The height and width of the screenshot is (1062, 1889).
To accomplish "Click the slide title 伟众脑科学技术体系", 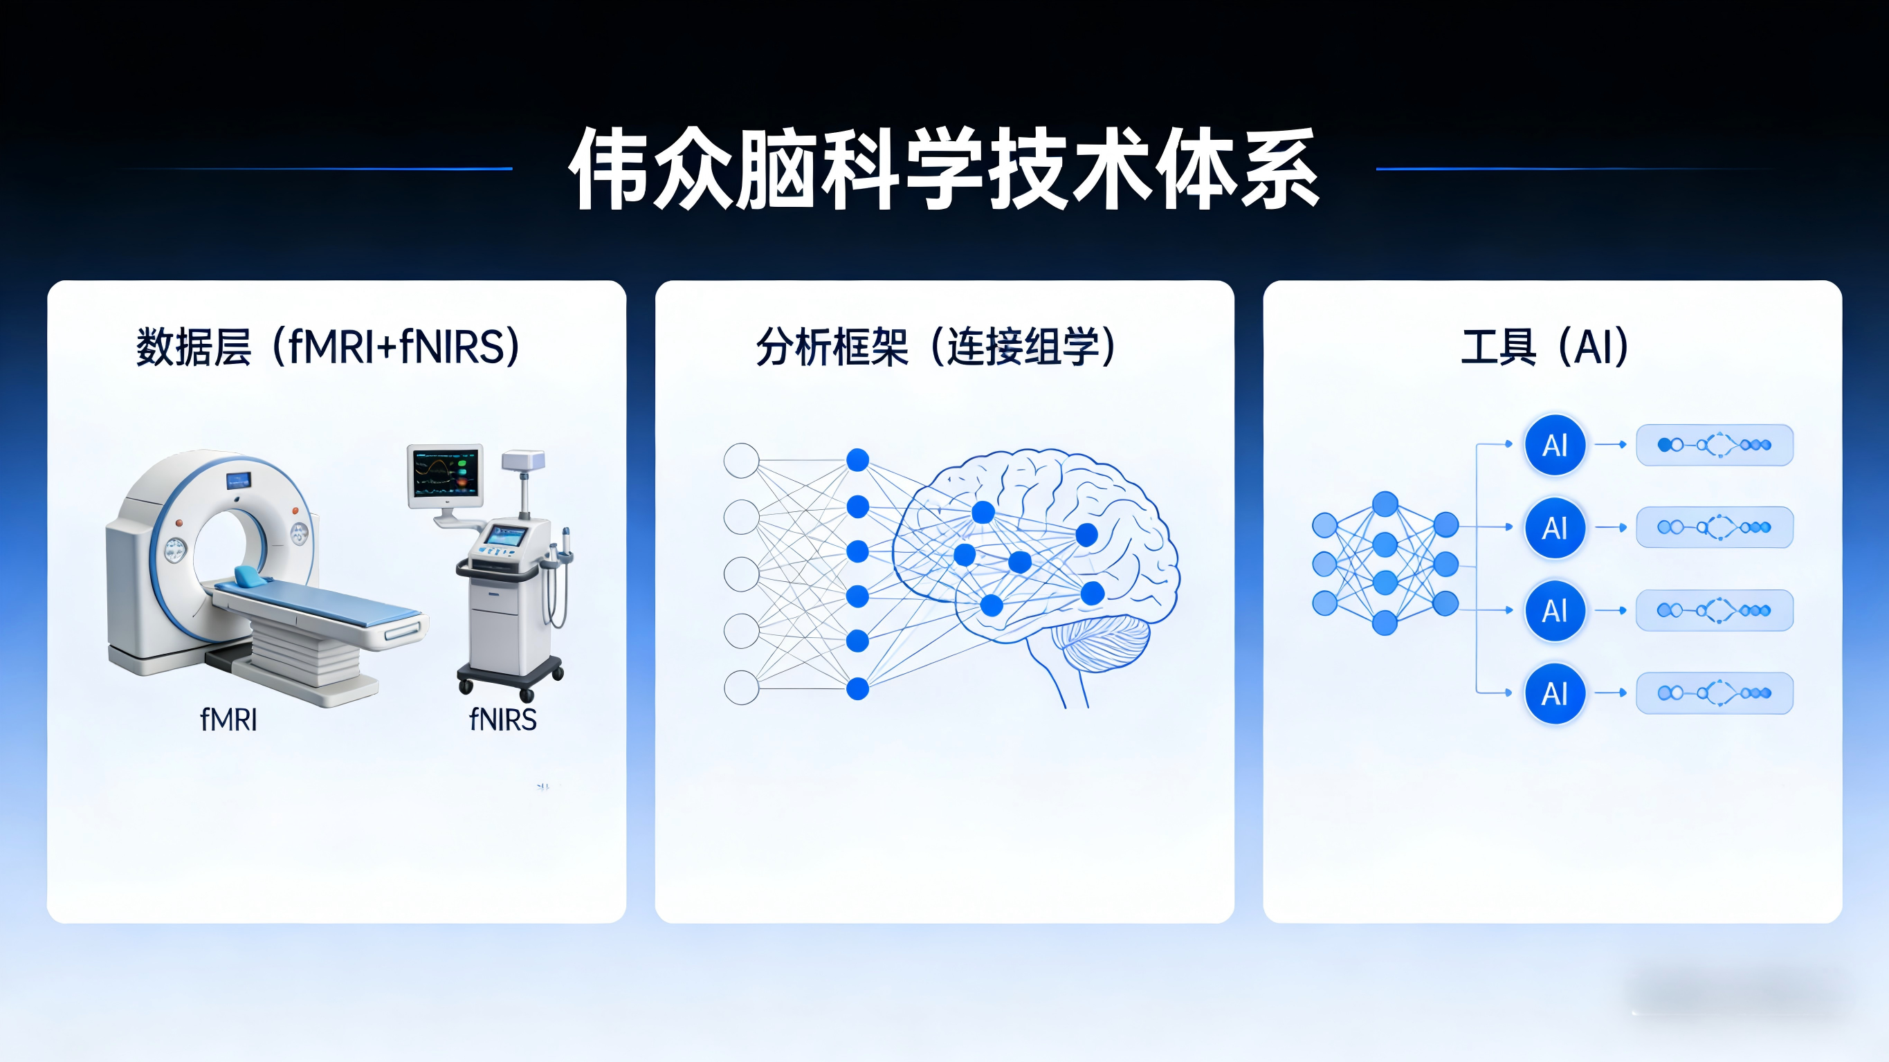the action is pos(944,169).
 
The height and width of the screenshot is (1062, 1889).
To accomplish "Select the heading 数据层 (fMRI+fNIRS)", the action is pos(328,347).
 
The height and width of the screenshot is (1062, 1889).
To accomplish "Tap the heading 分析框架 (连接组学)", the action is pos(936,347).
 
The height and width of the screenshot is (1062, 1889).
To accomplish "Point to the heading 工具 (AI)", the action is pos(1544,347).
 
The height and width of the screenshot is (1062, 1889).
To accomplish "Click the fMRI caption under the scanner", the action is pos(229,720).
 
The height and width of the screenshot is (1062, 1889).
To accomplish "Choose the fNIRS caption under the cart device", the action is pos(503,720).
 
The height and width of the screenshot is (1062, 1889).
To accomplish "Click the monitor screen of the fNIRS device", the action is pos(445,474).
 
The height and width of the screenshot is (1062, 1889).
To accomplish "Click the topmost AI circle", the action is pos(1555,445).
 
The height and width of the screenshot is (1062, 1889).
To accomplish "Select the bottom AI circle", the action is pos(1555,693).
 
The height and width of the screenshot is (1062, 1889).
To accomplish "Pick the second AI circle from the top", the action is pos(1555,528).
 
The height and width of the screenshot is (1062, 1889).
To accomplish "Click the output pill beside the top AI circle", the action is pos(1715,445).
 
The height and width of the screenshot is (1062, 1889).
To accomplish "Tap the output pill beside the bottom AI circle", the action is pos(1715,693).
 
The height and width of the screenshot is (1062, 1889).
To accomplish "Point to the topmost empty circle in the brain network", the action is pos(741,461).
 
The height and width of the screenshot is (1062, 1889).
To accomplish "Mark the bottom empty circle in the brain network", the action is pos(741,688).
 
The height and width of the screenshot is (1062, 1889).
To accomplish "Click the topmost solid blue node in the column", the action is pos(857,461).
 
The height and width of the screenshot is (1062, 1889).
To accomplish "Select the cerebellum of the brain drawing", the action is pos(1100,641).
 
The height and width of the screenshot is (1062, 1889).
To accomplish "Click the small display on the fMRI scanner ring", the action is pos(238,481).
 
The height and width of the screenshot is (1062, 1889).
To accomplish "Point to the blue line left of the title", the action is pos(316,169).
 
